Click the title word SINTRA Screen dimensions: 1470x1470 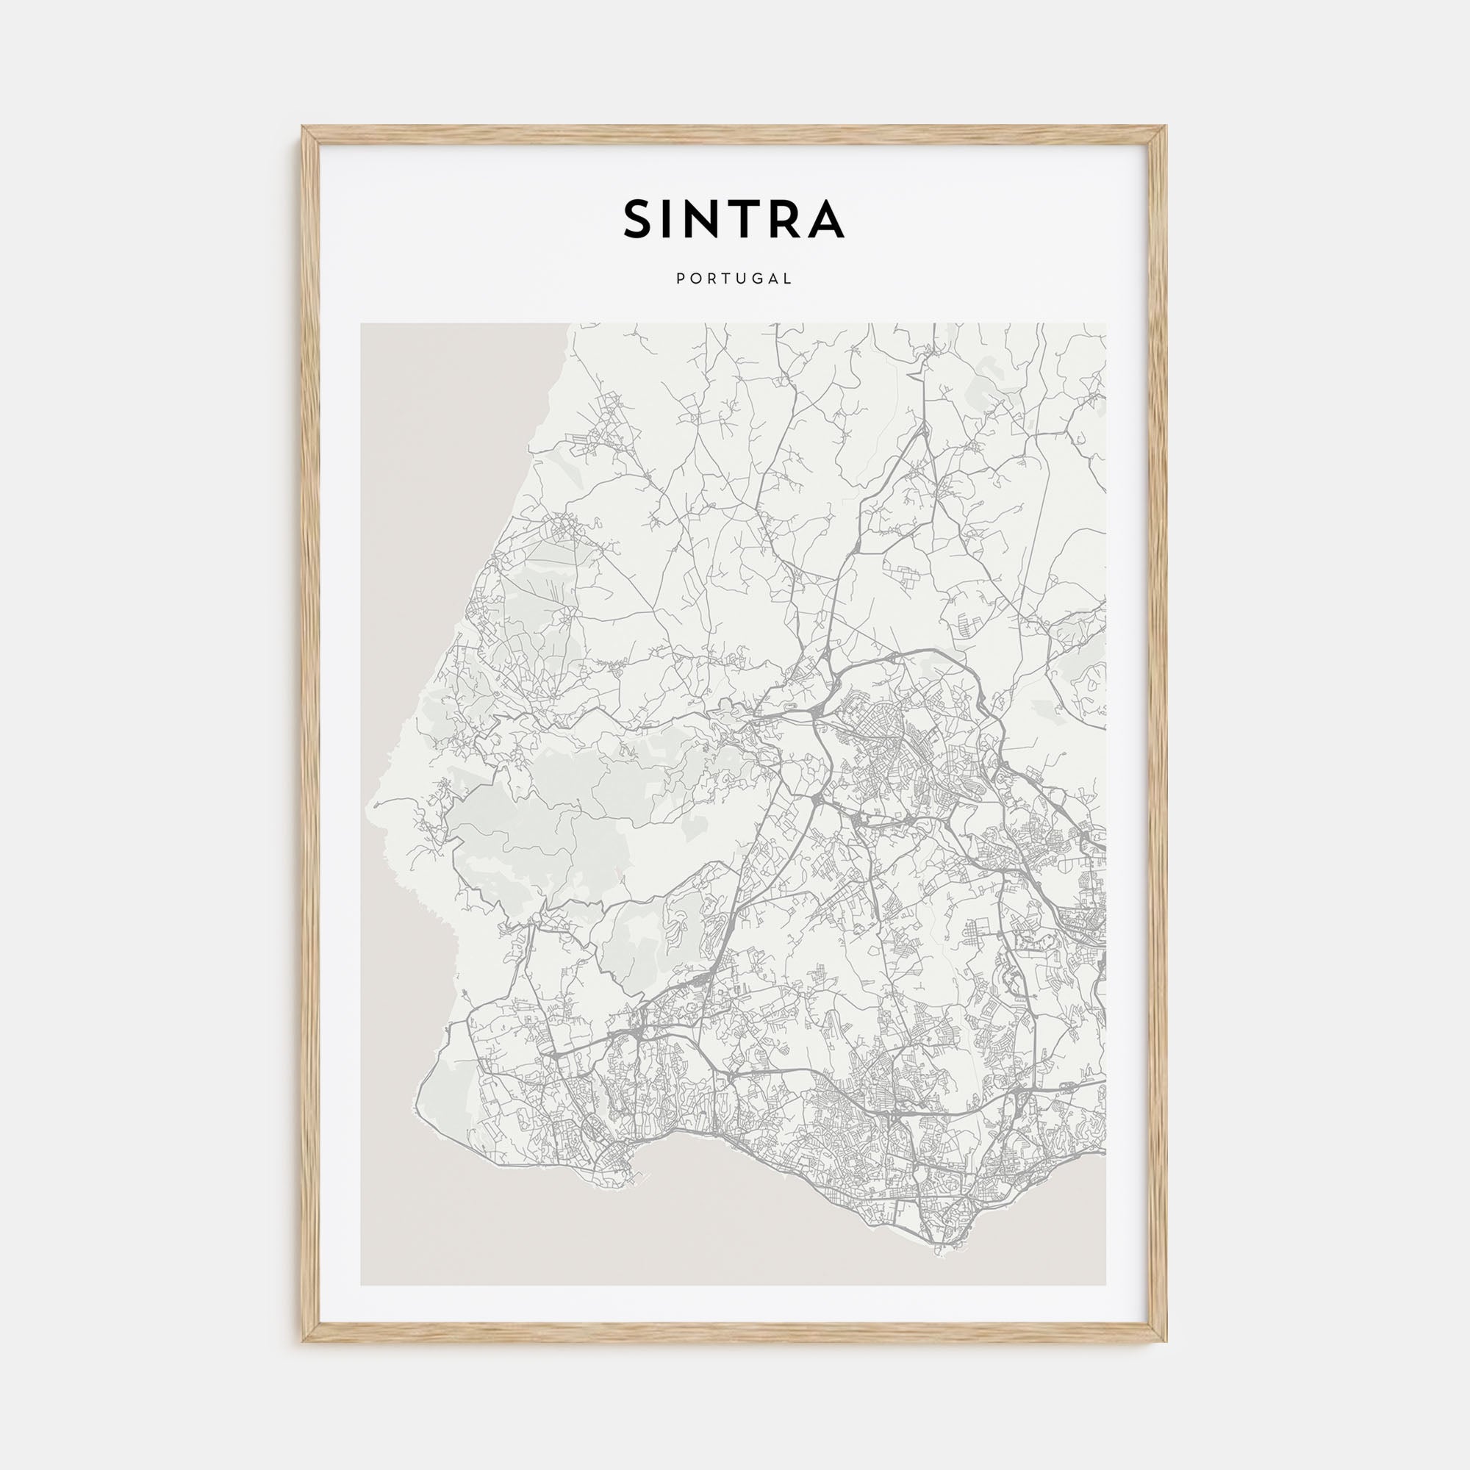734,220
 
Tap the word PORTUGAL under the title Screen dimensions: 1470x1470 734,279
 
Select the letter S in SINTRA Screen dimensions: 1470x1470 639,220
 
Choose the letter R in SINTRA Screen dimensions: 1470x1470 781,220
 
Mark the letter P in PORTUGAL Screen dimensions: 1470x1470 678,279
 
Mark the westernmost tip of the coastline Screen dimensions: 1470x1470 368,804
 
